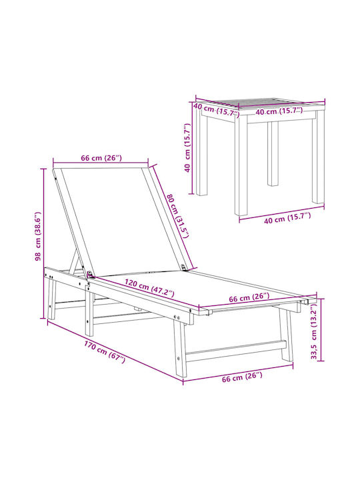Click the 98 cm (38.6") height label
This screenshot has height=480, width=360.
point(38,236)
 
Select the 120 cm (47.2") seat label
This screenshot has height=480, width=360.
point(149,288)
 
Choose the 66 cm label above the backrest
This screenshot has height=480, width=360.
point(101,158)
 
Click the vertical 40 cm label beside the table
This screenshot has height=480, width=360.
point(187,147)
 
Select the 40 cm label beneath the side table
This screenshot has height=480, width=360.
point(287,217)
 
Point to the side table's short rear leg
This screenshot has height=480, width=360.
point(273,154)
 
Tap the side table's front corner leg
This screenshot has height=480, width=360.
point(241,165)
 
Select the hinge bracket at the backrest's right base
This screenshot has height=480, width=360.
point(184,267)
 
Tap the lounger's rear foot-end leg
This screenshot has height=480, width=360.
point(286,335)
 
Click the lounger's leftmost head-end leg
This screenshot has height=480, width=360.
point(51,299)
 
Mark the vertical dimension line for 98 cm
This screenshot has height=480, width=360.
point(43,244)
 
